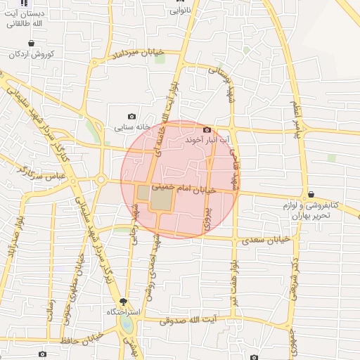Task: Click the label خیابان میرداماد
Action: [x=139, y=53]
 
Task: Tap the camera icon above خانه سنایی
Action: [x=131, y=117]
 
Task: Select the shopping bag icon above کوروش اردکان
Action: [x=13, y=41]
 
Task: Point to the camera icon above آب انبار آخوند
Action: [x=207, y=129]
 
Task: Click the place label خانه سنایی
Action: [x=131, y=128]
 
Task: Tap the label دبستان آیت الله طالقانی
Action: [x=24, y=18]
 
